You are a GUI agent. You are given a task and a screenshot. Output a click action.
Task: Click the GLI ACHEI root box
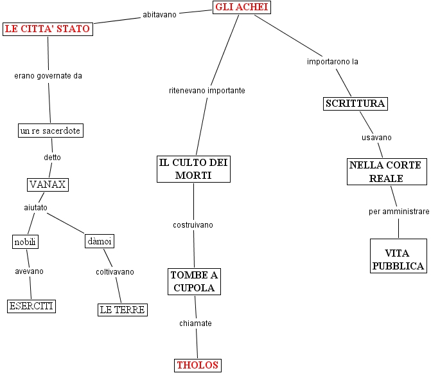[242, 7]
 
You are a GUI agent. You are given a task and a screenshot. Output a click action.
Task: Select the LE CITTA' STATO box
[48, 29]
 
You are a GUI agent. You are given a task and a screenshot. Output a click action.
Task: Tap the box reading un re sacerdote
[51, 131]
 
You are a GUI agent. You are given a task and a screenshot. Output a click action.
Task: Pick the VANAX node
[48, 185]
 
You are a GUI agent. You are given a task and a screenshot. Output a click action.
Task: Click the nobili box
[25, 242]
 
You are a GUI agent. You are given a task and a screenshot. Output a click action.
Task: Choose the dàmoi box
[100, 241]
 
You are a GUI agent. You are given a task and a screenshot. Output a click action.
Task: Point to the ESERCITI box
[31, 306]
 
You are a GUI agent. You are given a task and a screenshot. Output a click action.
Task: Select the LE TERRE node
[123, 310]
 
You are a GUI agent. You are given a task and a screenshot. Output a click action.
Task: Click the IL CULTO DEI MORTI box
[193, 169]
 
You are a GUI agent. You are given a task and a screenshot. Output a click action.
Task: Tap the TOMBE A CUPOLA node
[195, 282]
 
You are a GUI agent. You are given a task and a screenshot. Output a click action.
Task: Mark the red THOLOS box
[198, 365]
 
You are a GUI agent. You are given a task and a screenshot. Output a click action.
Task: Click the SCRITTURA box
[355, 104]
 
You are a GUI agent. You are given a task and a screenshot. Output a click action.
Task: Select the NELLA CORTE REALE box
[387, 172]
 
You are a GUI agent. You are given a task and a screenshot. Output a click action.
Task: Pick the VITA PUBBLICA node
[399, 256]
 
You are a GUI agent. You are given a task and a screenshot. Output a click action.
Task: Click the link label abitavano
[159, 15]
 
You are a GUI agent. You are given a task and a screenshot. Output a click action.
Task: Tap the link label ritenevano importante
[207, 91]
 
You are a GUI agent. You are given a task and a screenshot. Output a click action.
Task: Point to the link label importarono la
[333, 62]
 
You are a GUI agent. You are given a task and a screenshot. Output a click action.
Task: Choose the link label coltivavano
[115, 272]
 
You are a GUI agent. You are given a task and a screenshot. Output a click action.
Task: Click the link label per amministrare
[399, 212]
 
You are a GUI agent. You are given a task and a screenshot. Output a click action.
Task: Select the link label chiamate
[195, 323]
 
